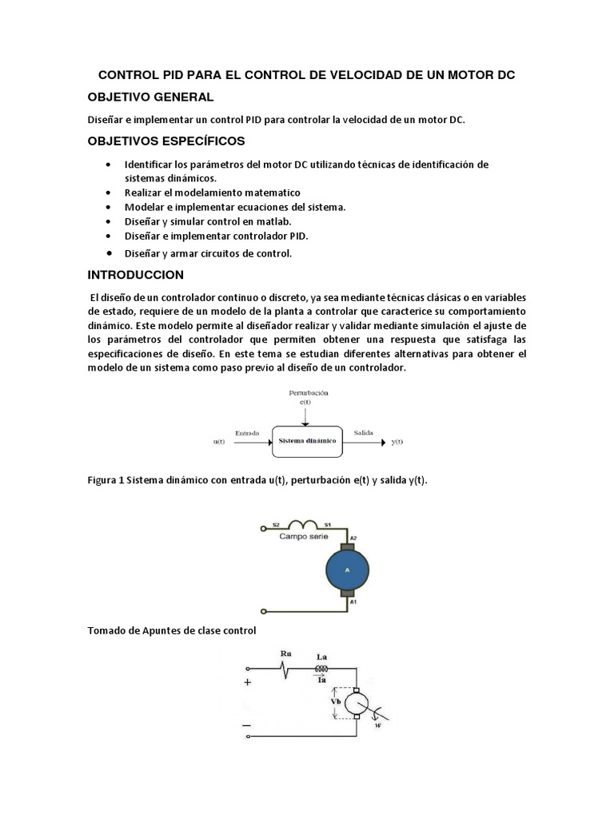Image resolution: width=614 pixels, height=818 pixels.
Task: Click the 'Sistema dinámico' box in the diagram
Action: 308,440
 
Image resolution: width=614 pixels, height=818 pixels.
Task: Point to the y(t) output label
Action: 397,442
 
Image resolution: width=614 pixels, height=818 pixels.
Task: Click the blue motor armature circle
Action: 347,570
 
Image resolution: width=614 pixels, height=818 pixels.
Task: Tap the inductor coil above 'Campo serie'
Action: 305,525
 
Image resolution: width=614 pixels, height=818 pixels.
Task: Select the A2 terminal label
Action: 353,538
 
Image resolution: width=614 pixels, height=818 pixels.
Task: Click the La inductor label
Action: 322,657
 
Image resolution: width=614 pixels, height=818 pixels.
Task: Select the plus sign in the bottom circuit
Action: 247,682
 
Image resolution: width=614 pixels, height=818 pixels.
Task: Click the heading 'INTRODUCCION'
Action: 135,275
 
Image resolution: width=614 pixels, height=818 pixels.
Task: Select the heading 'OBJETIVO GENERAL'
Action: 150,97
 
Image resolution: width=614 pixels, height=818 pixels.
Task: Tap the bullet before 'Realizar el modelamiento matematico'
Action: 109,193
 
